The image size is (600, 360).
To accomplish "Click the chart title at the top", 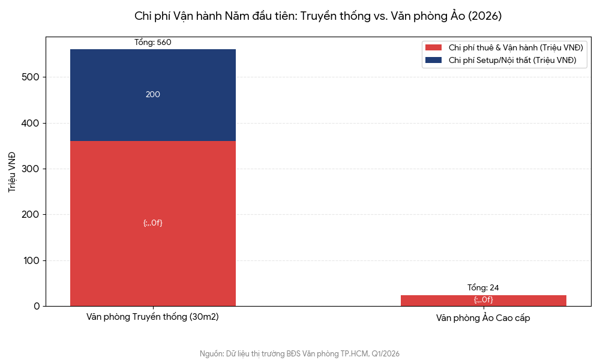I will click(318, 16).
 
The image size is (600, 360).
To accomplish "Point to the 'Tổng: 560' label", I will click(153, 43).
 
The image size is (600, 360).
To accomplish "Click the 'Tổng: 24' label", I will click(483, 288).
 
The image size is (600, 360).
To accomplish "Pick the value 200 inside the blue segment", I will click(153, 95).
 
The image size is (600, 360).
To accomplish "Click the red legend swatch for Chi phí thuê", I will click(433, 47).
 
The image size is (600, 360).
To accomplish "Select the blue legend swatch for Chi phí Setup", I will click(433, 60).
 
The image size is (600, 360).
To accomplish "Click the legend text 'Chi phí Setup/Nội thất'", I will click(512, 60).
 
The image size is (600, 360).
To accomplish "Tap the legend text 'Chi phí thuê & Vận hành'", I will click(515, 47).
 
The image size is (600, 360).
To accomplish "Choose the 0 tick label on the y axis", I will click(37, 307).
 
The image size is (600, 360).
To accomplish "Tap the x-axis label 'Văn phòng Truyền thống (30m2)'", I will click(152, 317).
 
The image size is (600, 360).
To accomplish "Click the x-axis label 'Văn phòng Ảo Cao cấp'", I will click(483, 319).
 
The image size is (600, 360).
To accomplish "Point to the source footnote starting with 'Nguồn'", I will click(299, 354).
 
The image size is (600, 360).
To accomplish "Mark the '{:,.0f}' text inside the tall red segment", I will click(153, 223).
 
